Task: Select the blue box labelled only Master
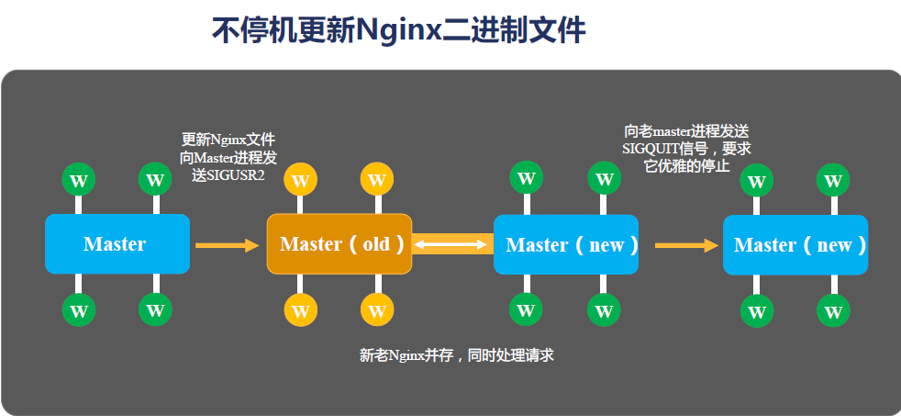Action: click(117, 243)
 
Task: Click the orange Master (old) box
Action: click(339, 243)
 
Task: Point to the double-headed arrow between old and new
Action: click(452, 244)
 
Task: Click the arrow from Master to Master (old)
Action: click(228, 245)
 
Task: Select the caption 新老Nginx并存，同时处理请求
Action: click(456, 354)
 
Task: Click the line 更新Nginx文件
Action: click(228, 140)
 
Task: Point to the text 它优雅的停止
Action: click(686, 166)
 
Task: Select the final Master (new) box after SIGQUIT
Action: click(795, 245)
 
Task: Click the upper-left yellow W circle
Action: click(301, 177)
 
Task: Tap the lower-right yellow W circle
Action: click(377, 310)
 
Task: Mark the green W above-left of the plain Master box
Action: click(79, 178)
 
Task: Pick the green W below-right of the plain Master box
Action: click(155, 310)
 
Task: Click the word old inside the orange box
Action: click(376, 244)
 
